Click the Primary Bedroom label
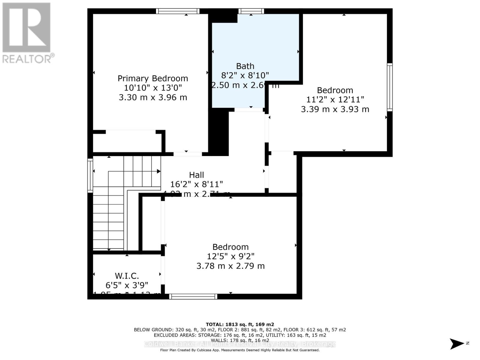[x=153, y=78]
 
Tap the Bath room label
[x=245, y=66]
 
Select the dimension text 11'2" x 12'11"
[x=335, y=100]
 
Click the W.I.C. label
[x=127, y=276]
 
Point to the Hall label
[x=196, y=175]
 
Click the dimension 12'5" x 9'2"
[x=230, y=256]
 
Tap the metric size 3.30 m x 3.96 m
[x=153, y=97]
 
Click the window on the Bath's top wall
[x=251, y=11]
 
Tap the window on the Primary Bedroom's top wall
[x=178, y=11]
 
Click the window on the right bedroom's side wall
[x=389, y=87]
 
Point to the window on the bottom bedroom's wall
[x=193, y=297]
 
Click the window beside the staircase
[x=90, y=175]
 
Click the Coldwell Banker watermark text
[x=240, y=344]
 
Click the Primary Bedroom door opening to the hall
[x=188, y=154]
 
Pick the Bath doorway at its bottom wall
[x=249, y=110]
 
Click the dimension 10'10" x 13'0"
[x=153, y=88]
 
